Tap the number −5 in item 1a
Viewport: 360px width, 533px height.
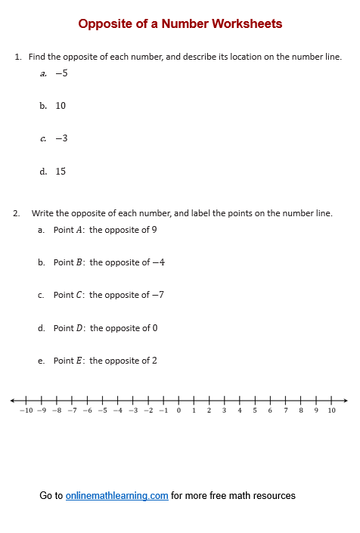coord(61,73)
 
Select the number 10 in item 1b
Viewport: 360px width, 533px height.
coord(61,106)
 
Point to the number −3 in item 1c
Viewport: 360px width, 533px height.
coord(61,138)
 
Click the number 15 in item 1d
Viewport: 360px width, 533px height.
coord(61,172)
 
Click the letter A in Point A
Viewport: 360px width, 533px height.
coord(80,230)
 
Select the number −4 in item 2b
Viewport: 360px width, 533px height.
coord(158,262)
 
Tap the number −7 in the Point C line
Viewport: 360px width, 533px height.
coord(157,295)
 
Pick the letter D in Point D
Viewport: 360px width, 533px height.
coord(80,328)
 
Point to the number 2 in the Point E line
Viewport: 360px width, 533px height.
coord(154,361)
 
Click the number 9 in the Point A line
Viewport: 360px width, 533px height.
coord(154,230)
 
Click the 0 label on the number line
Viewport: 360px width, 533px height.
coord(178,411)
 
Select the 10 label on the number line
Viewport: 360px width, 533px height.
coord(331,411)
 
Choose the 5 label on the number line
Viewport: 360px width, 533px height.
coord(255,411)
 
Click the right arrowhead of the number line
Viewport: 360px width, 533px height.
coord(346,400)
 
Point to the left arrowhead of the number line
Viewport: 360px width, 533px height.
coord(13,400)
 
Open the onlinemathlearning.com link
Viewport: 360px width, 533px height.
coord(116,496)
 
